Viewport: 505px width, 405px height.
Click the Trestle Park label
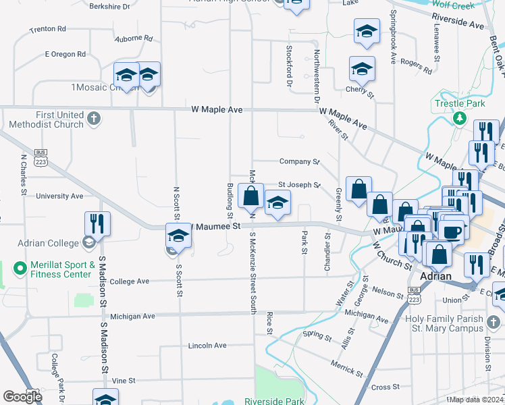point(460,104)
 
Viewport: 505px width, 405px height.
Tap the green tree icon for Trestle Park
point(460,118)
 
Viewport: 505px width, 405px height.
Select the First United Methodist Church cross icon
point(94,119)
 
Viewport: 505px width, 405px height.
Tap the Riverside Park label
point(274,401)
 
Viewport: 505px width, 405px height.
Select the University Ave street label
point(59,196)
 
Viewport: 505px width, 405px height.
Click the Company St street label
point(299,162)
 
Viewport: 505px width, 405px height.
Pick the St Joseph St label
point(298,184)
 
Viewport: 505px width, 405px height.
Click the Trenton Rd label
point(48,30)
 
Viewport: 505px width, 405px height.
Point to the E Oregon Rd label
point(65,54)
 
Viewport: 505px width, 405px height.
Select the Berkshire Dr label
point(109,7)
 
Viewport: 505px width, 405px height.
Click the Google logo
point(22,397)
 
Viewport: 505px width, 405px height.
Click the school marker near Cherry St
point(362,69)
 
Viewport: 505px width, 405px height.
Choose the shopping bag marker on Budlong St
point(250,196)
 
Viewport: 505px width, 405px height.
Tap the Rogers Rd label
point(416,65)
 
